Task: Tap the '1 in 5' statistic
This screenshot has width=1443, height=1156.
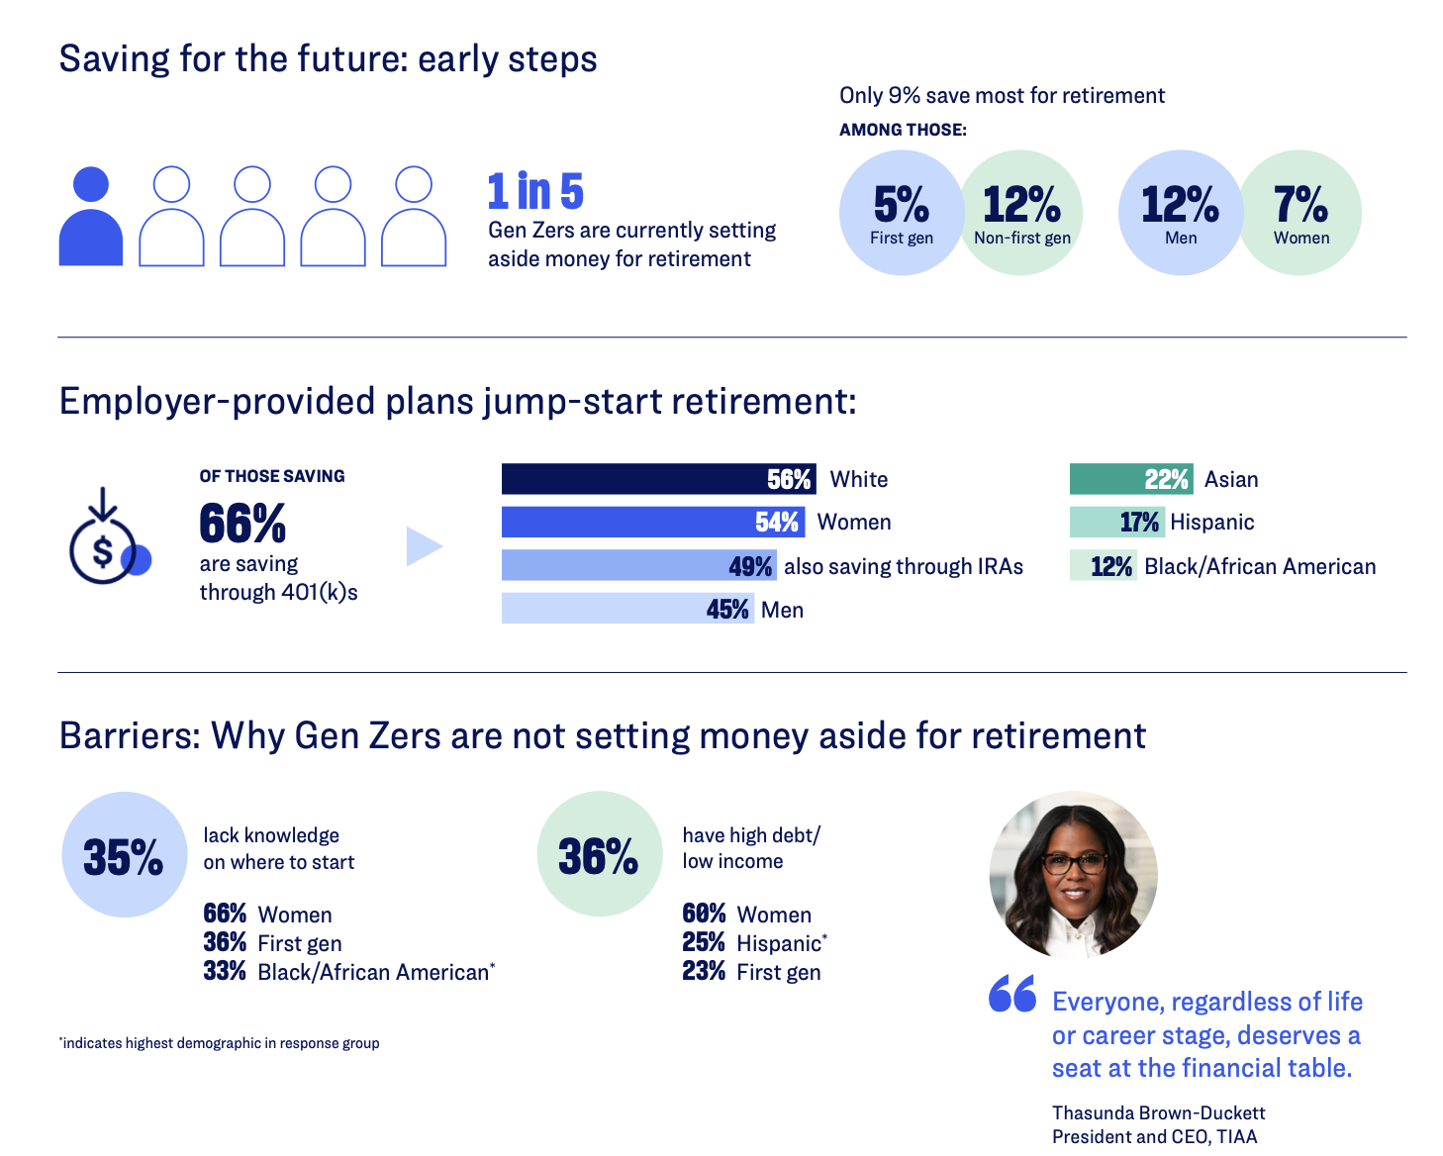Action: pyautogui.click(x=535, y=191)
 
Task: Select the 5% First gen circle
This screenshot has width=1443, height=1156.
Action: pyautogui.click(x=902, y=213)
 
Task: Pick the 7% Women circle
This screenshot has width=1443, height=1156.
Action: pyautogui.click(x=1299, y=213)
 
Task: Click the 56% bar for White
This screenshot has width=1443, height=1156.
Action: pyautogui.click(x=658, y=479)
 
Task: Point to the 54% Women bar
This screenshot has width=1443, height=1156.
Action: pyautogui.click(x=653, y=522)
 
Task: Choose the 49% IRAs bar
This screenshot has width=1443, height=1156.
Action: pyautogui.click(x=639, y=565)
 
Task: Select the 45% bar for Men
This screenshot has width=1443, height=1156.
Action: pyautogui.click(x=627, y=608)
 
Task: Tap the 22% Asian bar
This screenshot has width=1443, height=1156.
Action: pyautogui.click(x=1131, y=479)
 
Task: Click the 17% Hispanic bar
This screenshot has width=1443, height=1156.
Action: pyautogui.click(x=1117, y=522)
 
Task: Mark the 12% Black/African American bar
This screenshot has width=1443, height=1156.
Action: pyautogui.click(x=1104, y=565)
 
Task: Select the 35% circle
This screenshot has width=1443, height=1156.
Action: pyautogui.click(x=125, y=854)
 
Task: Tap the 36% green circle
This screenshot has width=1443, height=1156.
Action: pyautogui.click(x=600, y=853)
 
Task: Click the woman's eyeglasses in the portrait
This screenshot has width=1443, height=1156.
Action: pyautogui.click(x=1074, y=864)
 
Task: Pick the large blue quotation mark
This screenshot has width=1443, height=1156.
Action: pyautogui.click(x=1012, y=993)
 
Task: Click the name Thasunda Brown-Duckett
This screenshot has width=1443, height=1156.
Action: pyautogui.click(x=1158, y=1113)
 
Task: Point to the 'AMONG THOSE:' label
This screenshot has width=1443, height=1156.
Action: pyautogui.click(x=903, y=130)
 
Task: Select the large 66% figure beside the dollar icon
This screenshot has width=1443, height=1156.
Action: pyautogui.click(x=242, y=523)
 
